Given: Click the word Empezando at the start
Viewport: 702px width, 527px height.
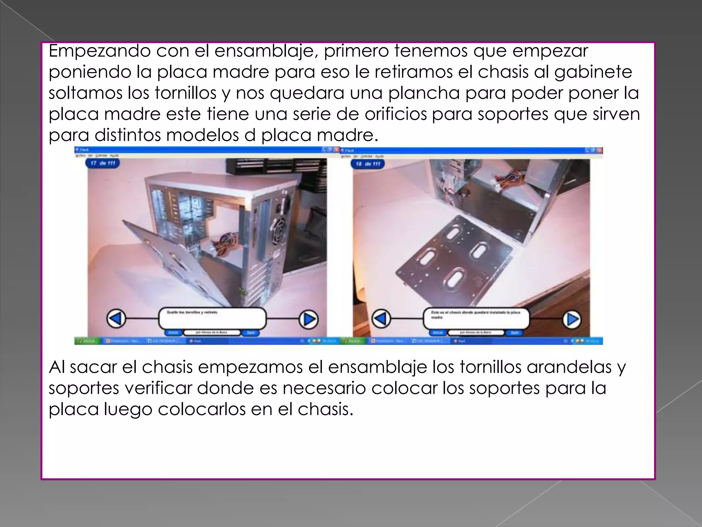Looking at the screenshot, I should point(99,51).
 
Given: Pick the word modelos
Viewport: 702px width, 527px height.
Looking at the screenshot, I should point(203,135).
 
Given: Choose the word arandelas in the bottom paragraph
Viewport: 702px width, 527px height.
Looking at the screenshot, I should point(569,367).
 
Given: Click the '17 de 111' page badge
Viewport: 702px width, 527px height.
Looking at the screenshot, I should point(102,163).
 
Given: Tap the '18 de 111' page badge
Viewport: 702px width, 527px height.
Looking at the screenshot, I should point(368,164).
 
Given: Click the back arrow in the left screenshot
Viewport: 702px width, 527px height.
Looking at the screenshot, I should point(116,319).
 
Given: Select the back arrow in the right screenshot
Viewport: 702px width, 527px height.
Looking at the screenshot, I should point(381,319).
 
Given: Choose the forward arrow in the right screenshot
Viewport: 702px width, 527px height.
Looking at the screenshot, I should point(572,319).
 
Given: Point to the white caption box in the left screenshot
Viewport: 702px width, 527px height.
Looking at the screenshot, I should point(212,318).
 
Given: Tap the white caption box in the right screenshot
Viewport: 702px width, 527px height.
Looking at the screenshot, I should point(476,318).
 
